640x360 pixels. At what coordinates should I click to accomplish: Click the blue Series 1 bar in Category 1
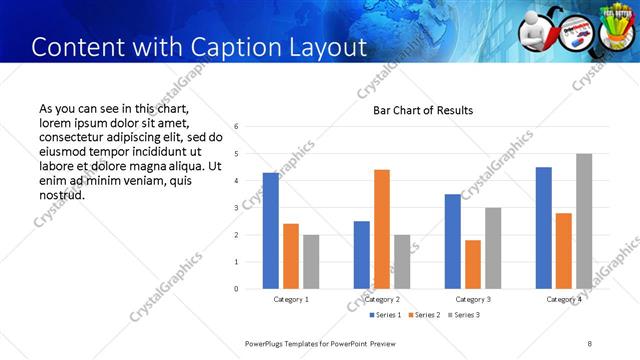pos(271,231)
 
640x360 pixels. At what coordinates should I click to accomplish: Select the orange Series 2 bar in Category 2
pos(382,229)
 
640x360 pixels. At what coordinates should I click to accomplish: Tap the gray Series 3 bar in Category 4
pos(584,221)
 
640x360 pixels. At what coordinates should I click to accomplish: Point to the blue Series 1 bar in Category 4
pos(544,228)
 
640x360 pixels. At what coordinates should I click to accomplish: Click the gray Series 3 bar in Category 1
pos(311,262)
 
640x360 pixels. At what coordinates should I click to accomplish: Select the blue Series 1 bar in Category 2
pos(362,255)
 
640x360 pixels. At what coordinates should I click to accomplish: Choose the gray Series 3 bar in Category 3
pos(493,248)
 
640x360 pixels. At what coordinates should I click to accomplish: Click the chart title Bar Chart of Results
pos(423,110)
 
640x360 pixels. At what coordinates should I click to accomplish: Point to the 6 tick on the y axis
pos(235,127)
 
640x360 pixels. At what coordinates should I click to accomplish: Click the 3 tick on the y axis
pos(235,208)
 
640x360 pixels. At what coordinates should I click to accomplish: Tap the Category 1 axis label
pos(291,299)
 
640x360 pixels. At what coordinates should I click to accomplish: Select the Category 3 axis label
pos(473,299)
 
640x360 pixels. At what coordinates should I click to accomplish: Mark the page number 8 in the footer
pos(589,343)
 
